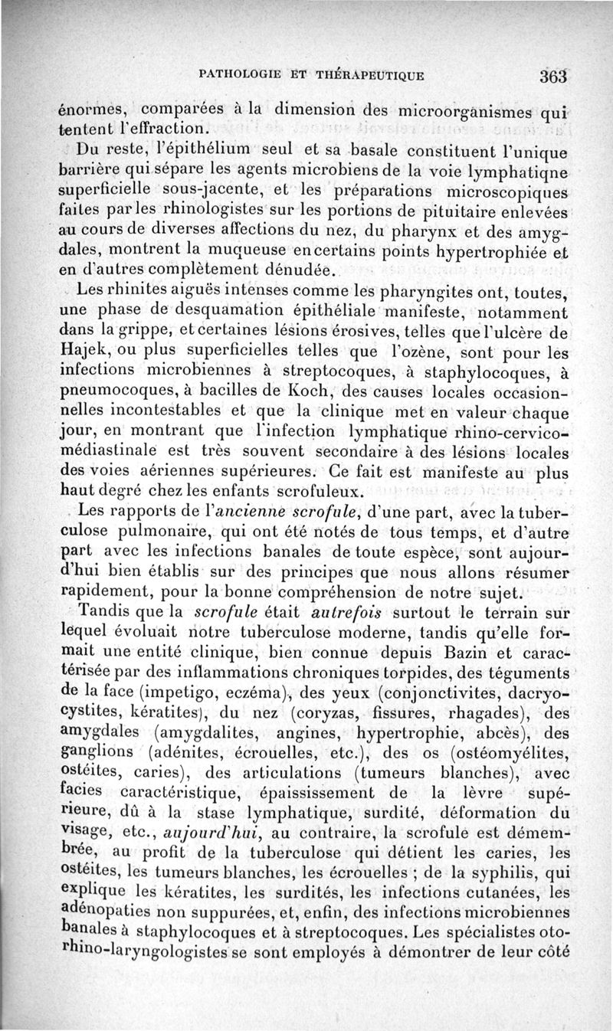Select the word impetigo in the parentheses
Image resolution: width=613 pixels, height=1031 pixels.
point(175,676)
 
